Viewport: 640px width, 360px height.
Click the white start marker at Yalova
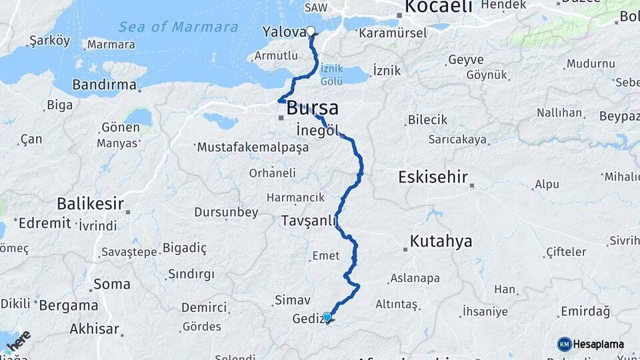(x=311, y=31)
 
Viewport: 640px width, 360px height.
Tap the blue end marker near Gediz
(x=327, y=317)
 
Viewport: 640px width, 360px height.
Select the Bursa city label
(x=313, y=108)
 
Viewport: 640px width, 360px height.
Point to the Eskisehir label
(x=433, y=178)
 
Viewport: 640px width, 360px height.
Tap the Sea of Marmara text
(x=178, y=27)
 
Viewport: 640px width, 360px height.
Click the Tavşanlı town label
(x=308, y=221)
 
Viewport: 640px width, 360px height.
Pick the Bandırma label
(x=103, y=85)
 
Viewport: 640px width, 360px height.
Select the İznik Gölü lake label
(x=331, y=75)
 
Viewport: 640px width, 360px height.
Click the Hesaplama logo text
(x=599, y=344)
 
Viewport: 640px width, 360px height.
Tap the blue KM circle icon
(x=565, y=344)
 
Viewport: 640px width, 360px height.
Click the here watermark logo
(x=19, y=341)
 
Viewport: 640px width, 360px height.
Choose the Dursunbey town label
(x=226, y=213)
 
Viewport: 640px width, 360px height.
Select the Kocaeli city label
(x=439, y=7)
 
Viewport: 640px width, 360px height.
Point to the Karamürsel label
(x=387, y=31)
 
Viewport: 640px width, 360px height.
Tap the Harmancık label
(x=295, y=197)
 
